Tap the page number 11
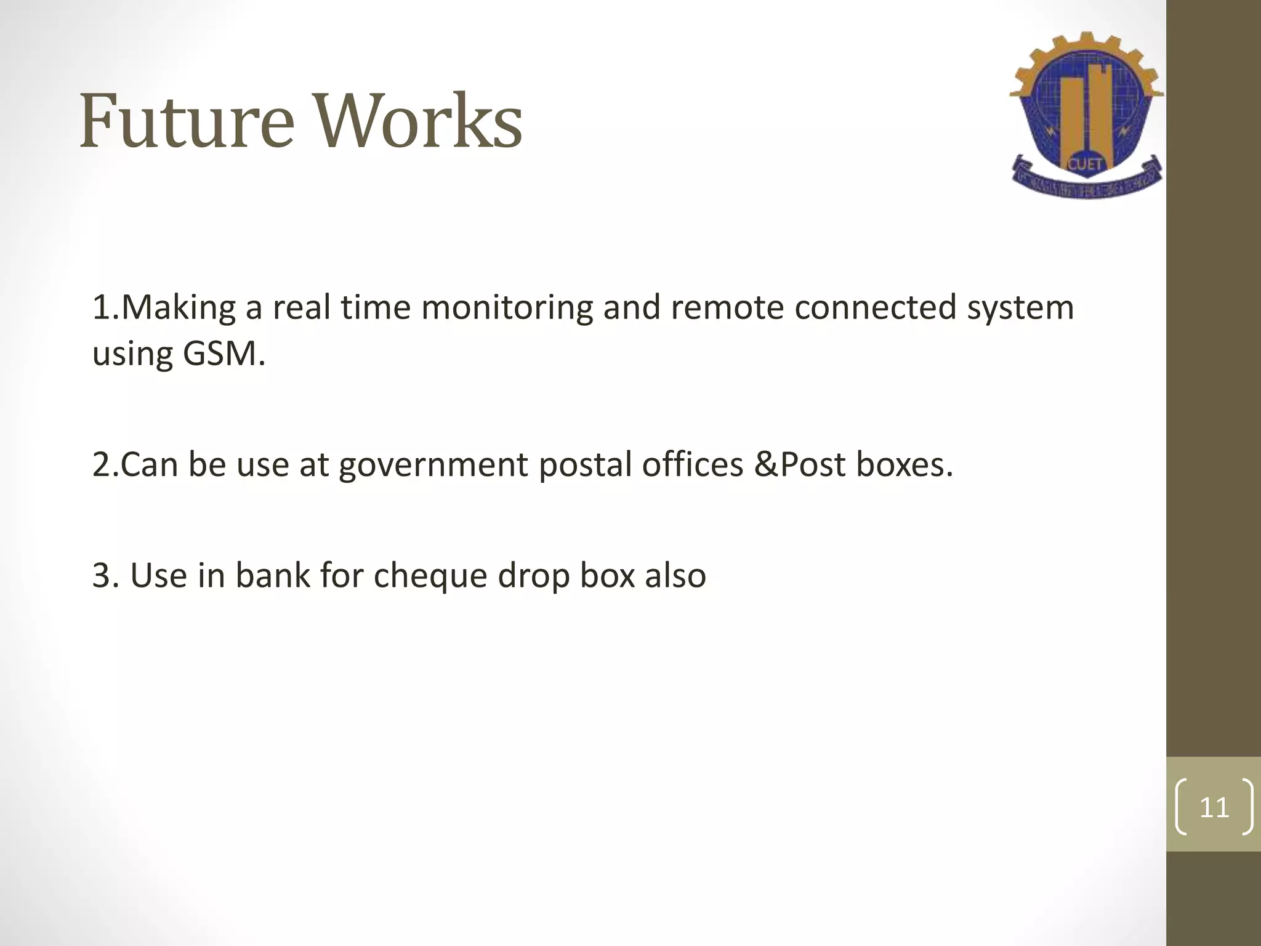tap(1214, 807)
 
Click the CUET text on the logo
tap(1086, 164)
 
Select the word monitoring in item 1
tap(506, 307)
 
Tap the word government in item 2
tap(433, 465)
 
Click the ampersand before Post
tap(765, 464)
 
